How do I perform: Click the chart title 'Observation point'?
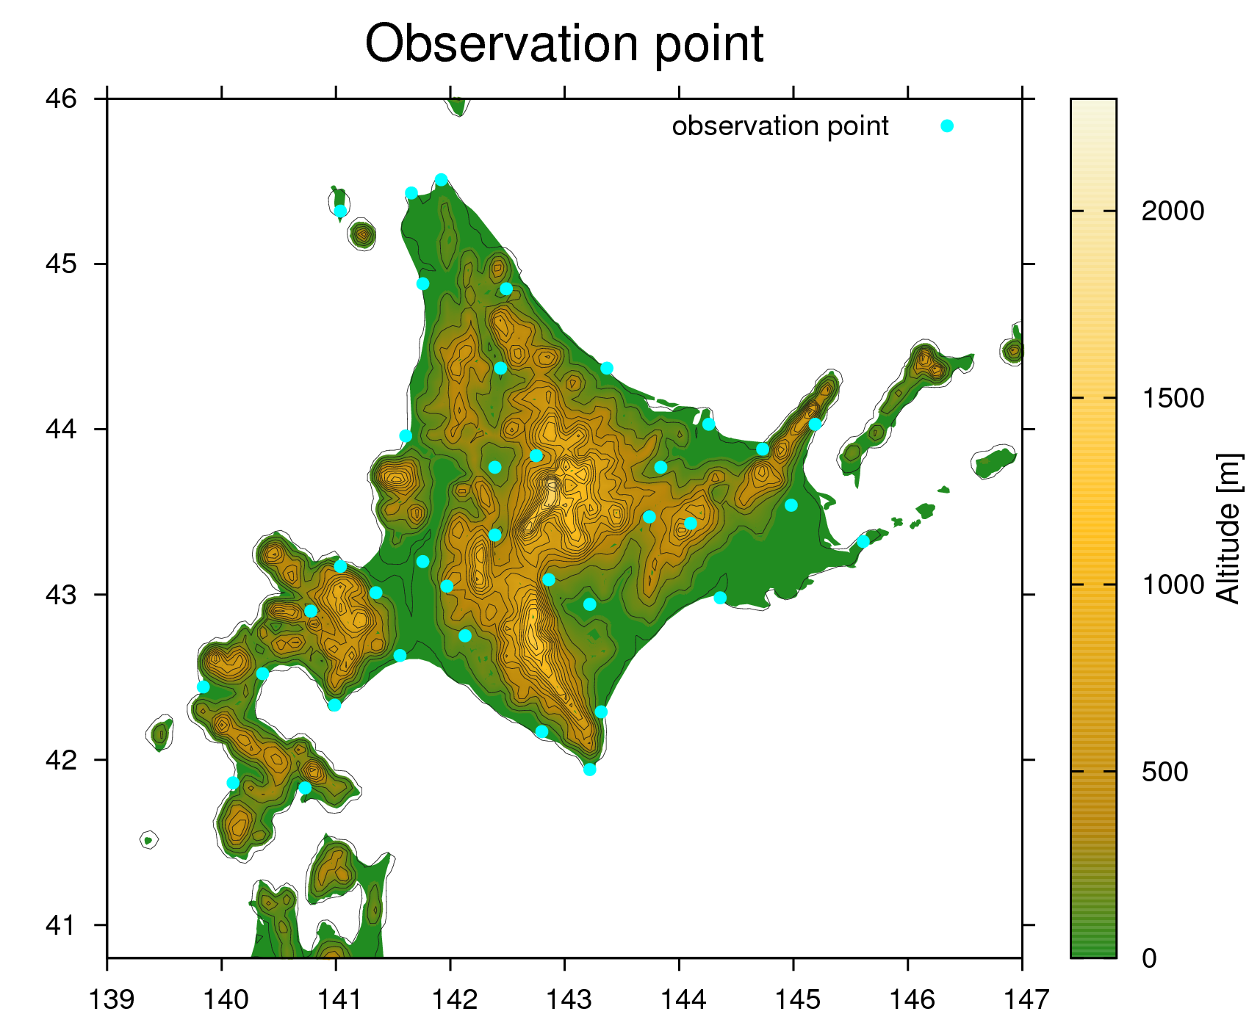click(x=564, y=43)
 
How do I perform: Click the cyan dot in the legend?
click(x=947, y=126)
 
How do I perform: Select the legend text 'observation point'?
click(x=780, y=126)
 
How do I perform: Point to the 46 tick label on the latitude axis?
click(x=61, y=98)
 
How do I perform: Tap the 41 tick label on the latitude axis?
click(x=61, y=925)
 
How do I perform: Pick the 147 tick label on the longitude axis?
click(x=1026, y=999)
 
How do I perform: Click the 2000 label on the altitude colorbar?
click(x=1173, y=211)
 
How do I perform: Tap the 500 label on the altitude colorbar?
click(x=1165, y=772)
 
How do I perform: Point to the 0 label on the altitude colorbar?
click(x=1149, y=958)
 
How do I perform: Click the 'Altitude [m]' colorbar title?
click(x=1228, y=529)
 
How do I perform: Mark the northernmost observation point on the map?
click(x=441, y=180)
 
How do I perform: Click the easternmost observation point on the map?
click(x=863, y=542)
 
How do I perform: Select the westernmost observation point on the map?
click(x=204, y=687)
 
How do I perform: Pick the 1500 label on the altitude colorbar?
click(x=1173, y=398)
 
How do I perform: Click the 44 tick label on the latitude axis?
click(x=61, y=429)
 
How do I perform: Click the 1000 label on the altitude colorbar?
click(x=1173, y=585)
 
